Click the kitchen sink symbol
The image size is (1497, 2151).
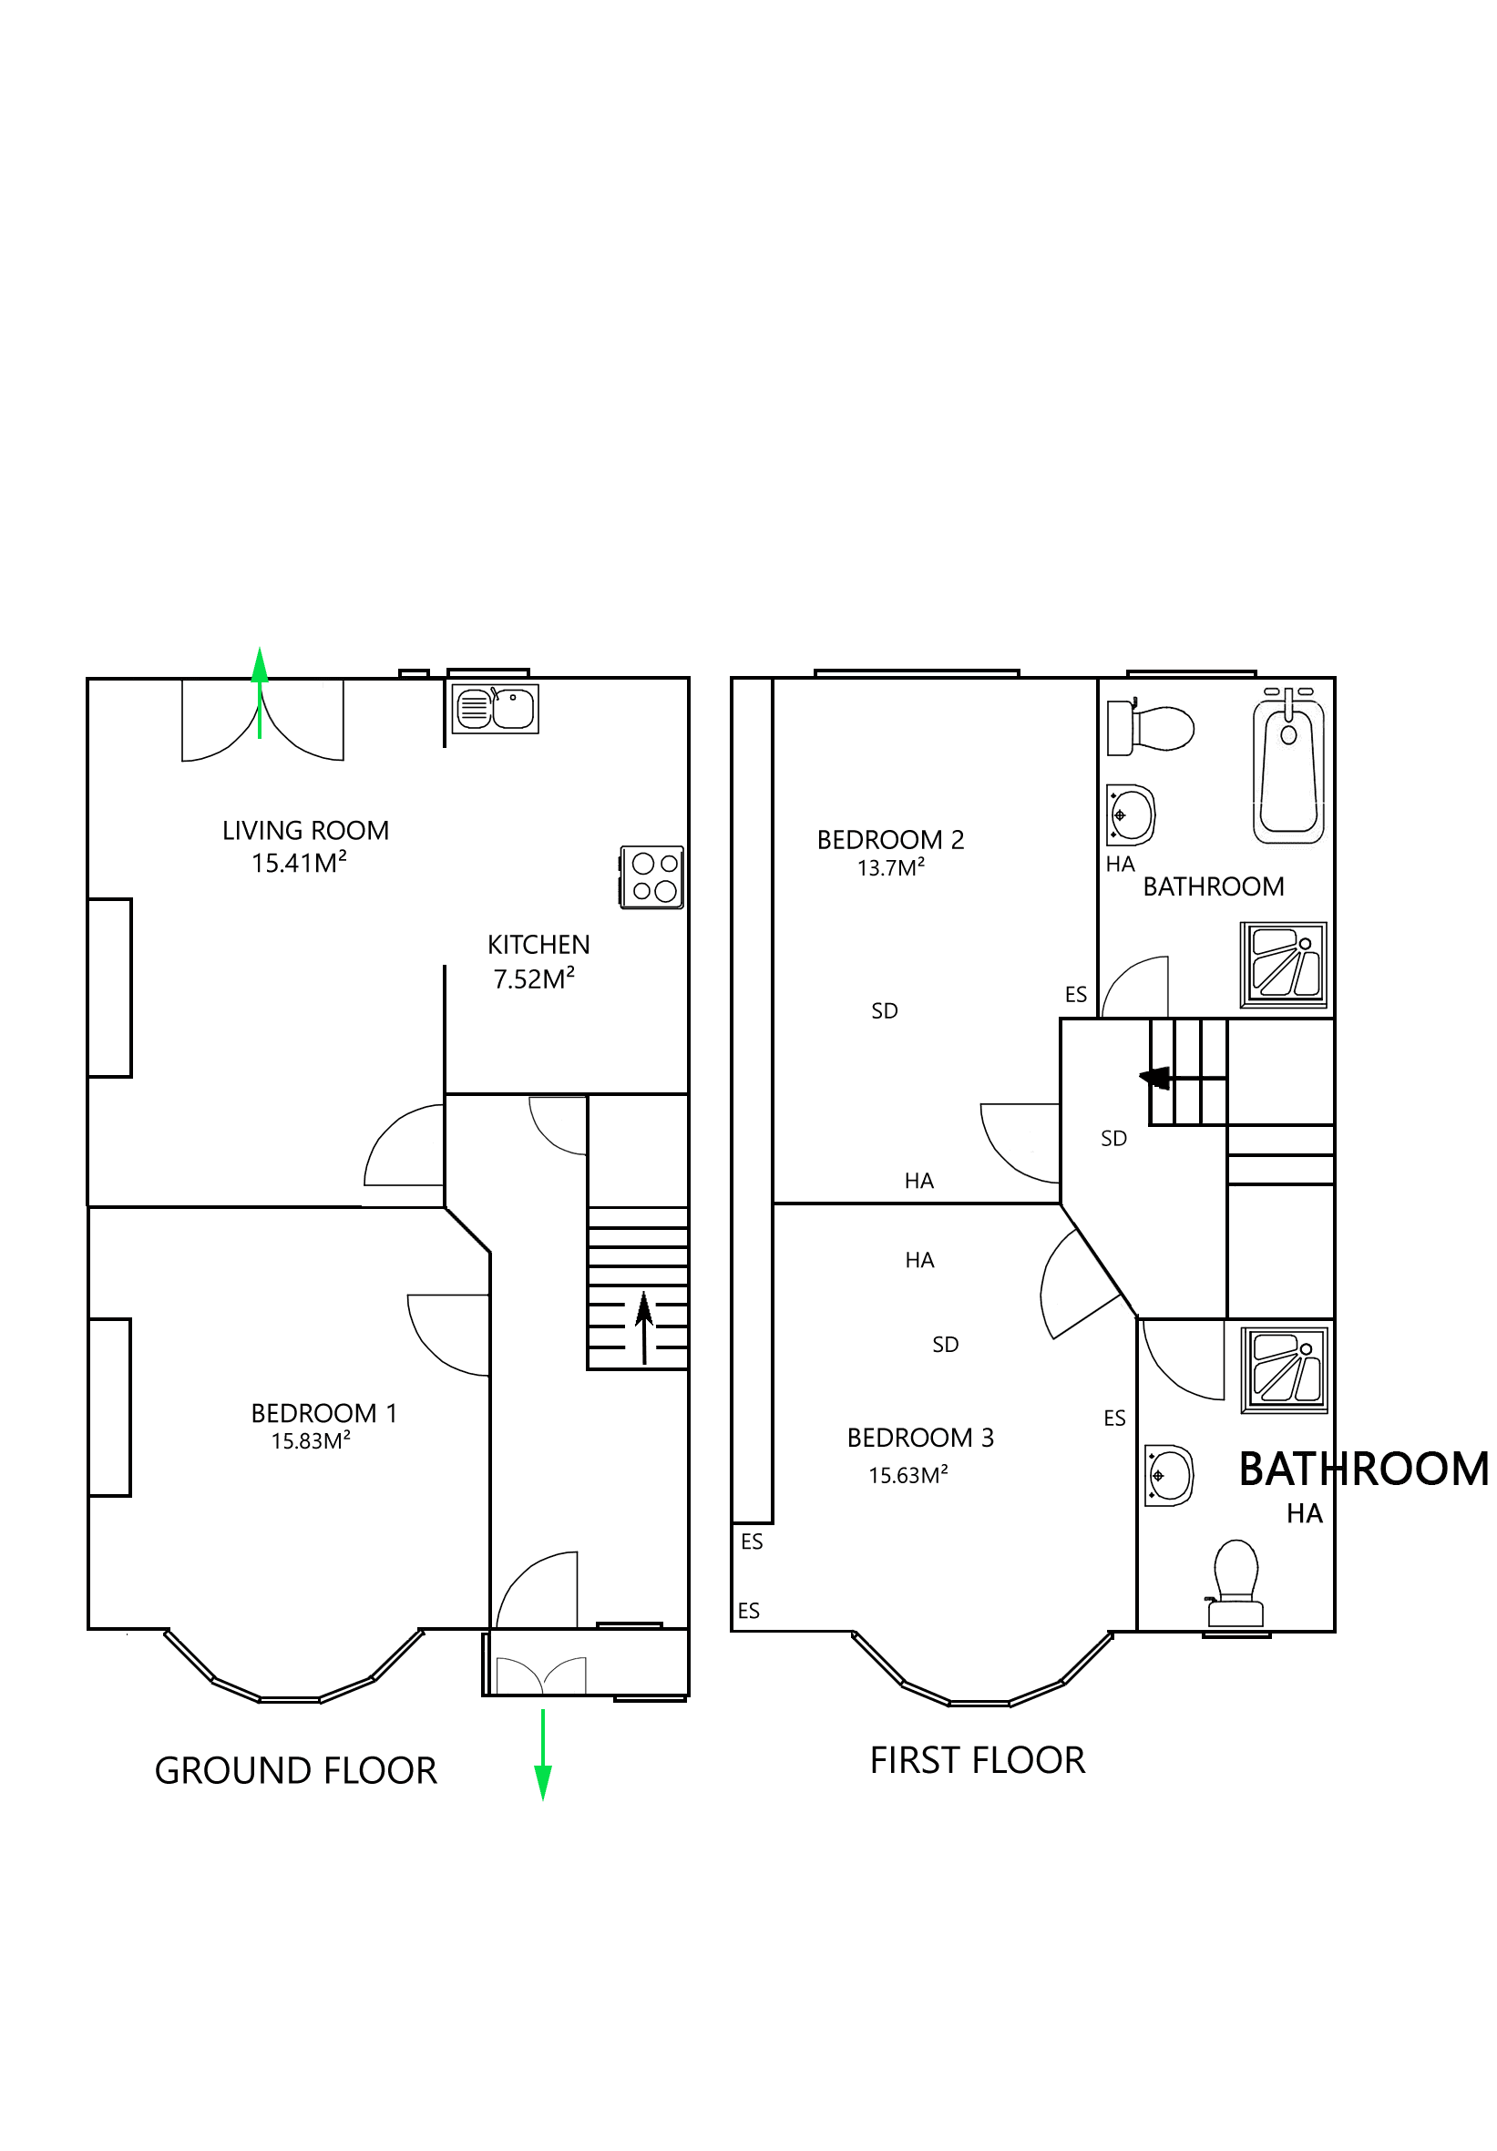[x=494, y=708]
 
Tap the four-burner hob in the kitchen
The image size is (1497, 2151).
[x=651, y=876]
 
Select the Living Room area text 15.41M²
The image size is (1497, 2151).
[x=298, y=862]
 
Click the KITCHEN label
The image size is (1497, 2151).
[x=538, y=945]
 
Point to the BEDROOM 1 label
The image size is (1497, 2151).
[x=323, y=1413]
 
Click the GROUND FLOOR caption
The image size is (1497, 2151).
[x=295, y=1771]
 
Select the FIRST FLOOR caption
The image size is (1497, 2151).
[x=976, y=1760]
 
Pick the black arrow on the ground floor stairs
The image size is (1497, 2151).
[x=643, y=1326]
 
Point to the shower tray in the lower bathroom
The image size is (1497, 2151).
[x=1285, y=1369]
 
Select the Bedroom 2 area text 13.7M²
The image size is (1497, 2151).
[x=890, y=867]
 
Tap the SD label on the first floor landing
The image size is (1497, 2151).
[x=1112, y=1138]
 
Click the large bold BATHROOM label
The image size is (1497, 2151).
[x=1363, y=1469]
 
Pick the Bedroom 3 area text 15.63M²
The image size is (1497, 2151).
[x=907, y=1476]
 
